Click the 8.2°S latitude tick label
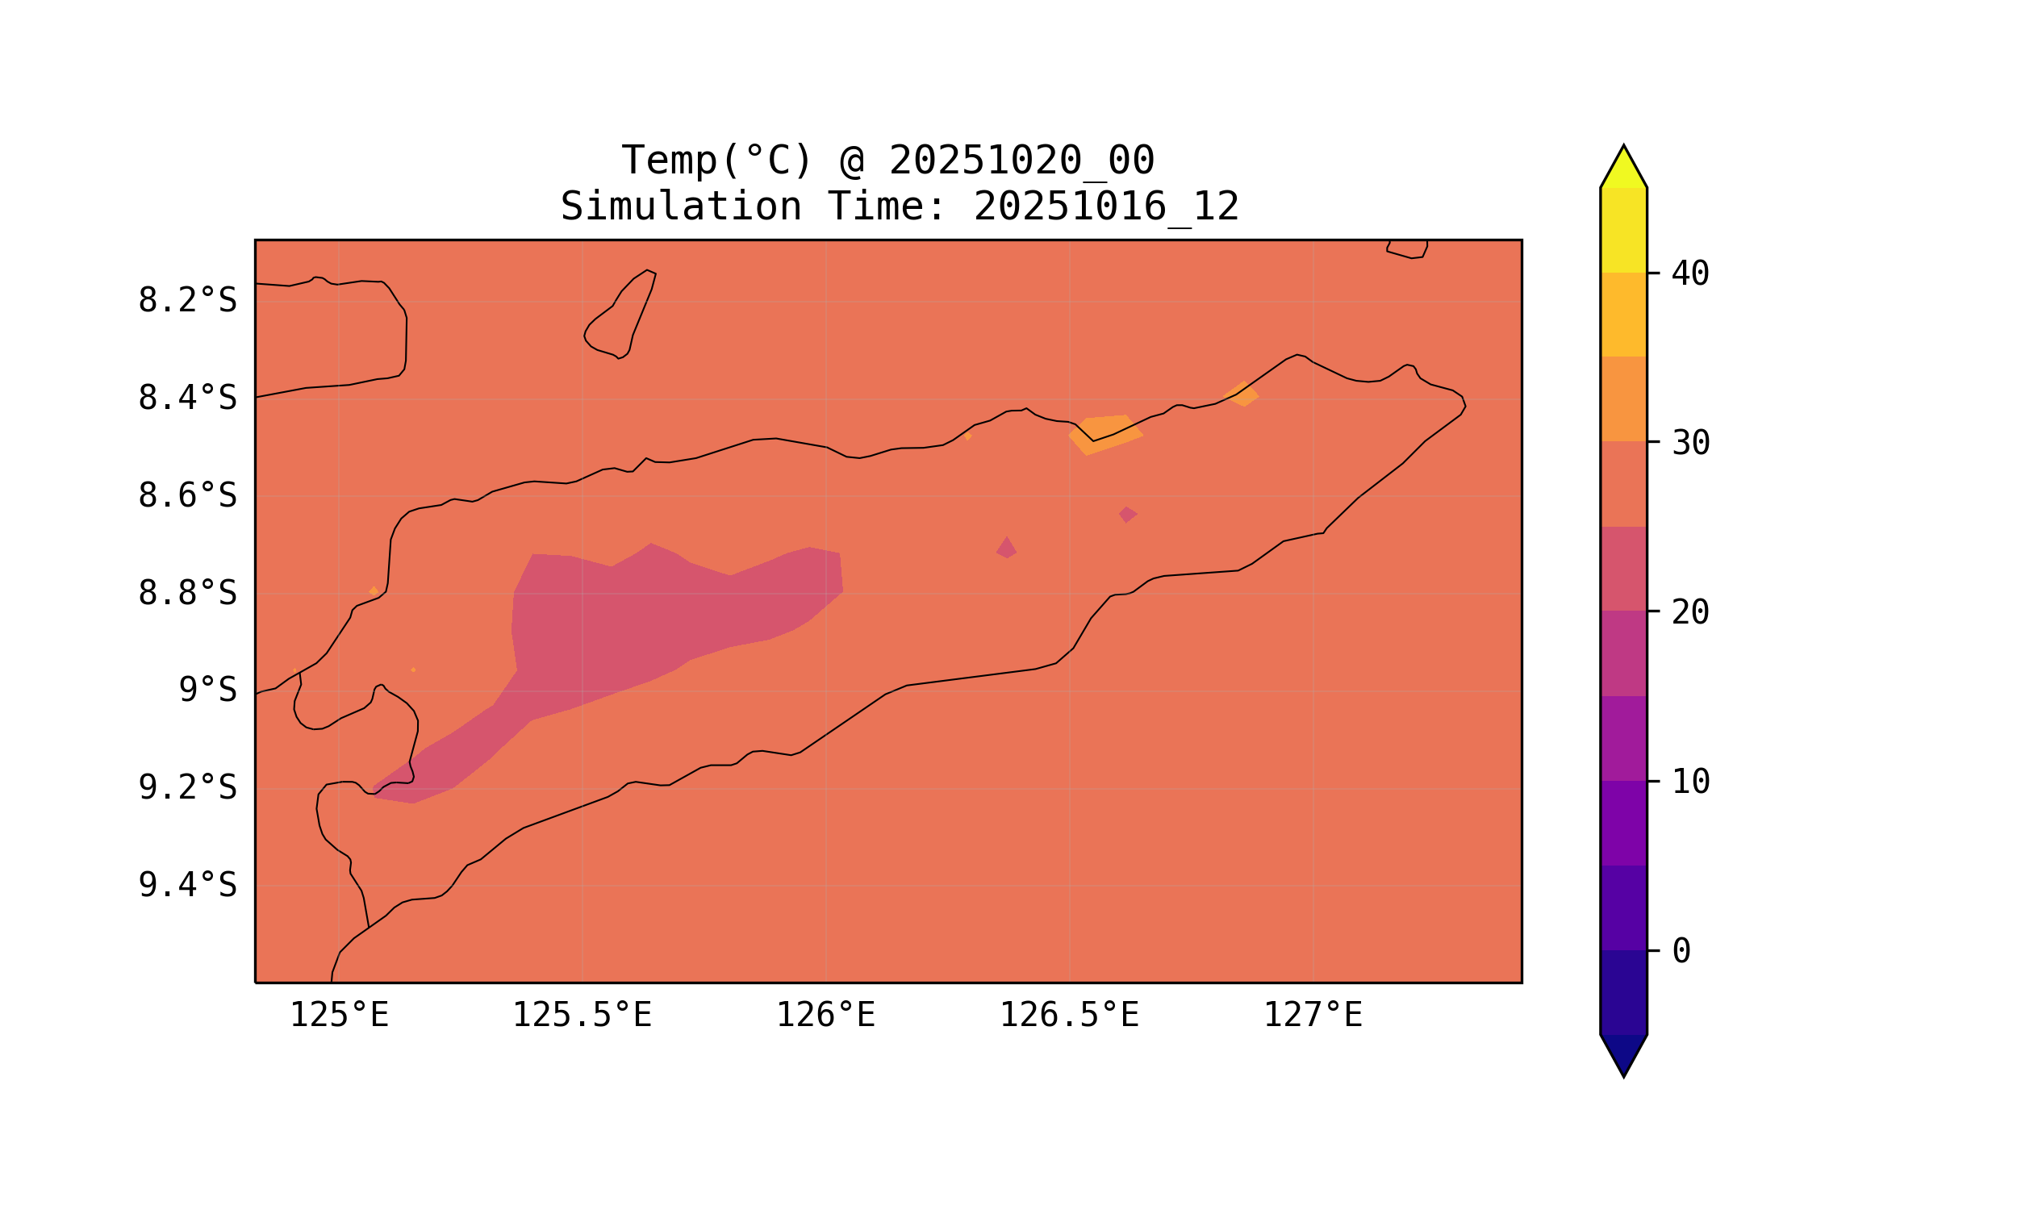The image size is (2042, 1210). coord(186,301)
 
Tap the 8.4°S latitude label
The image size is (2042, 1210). coord(186,398)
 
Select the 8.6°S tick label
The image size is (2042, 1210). coord(186,496)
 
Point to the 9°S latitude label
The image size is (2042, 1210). coord(207,691)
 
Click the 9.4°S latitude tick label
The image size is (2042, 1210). coord(186,886)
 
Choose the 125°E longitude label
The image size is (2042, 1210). coord(339,1016)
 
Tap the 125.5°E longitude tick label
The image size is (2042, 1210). coord(582,1016)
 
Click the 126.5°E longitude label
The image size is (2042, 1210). coord(1069,1016)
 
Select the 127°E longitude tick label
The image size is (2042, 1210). coord(1312,1016)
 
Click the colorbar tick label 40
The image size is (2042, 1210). coord(1689,274)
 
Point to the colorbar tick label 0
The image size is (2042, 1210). coord(1681,952)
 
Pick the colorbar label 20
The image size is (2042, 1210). coord(1689,612)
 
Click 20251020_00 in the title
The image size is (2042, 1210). coord(1021,161)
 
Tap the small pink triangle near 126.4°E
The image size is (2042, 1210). coord(1007,549)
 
